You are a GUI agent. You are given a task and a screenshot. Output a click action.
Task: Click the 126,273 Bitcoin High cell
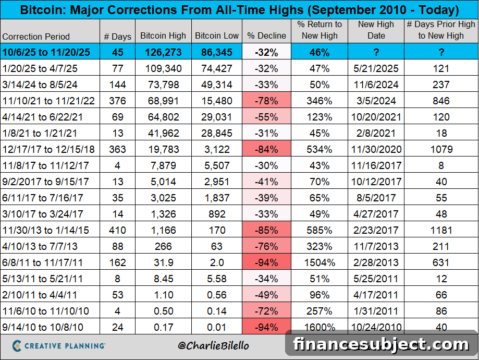coord(163,52)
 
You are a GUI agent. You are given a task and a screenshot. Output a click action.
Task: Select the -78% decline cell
coord(266,101)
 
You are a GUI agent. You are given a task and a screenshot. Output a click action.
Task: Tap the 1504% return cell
coord(320,262)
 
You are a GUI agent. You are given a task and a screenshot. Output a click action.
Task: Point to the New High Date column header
coord(376,30)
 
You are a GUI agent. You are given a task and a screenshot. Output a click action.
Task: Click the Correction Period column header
coord(36,37)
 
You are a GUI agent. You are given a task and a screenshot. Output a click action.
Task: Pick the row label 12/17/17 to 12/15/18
coord(48,149)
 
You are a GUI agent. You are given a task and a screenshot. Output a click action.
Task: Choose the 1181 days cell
coord(441,230)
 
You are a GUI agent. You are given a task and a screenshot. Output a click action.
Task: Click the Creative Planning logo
coord(59,346)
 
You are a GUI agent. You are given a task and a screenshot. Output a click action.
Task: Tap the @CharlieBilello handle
coord(213,345)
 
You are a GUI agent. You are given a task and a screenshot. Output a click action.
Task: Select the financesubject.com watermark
coord(381,344)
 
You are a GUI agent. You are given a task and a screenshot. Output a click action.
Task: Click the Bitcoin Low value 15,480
coord(217,101)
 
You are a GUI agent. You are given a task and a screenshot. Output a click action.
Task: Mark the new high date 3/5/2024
coord(376,101)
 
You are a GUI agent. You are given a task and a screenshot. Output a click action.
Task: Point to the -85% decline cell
coord(266,230)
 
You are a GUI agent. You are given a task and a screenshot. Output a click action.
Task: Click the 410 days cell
coord(117,230)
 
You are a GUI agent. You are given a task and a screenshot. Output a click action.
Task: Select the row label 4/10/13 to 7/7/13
coord(40,246)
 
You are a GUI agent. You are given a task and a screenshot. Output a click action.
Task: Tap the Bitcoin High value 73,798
coord(163,85)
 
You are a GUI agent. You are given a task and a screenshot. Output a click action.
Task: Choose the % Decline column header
coord(266,35)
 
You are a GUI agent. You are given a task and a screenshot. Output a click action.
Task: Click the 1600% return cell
coord(320,327)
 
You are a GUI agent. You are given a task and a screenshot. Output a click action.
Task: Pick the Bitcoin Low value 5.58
coord(217,279)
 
